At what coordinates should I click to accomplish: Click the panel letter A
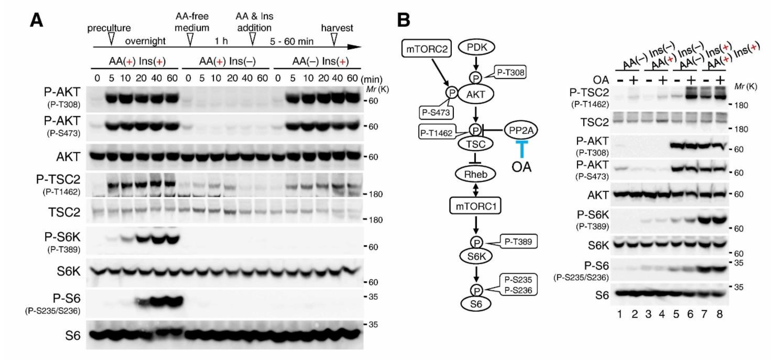coord(37,20)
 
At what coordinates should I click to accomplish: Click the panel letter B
coord(403,20)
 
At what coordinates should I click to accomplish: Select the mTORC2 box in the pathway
coord(427,49)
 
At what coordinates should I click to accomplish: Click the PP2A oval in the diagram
coord(521,131)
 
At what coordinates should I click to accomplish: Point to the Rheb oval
coord(476,174)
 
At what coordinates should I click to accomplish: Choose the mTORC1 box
coord(476,206)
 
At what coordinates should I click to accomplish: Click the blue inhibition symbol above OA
coord(522,148)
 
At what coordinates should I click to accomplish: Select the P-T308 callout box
coord(510,73)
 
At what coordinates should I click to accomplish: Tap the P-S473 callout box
coord(436,113)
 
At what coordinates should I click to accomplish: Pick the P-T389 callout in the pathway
coord(518,241)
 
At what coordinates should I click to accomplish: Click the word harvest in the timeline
coord(337,28)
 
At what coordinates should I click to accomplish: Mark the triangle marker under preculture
coord(111,38)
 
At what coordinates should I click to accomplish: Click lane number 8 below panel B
coord(719,314)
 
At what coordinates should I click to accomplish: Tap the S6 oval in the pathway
coord(476,304)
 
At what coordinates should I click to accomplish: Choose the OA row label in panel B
coord(600,80)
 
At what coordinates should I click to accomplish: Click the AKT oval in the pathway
coord(476,94)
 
